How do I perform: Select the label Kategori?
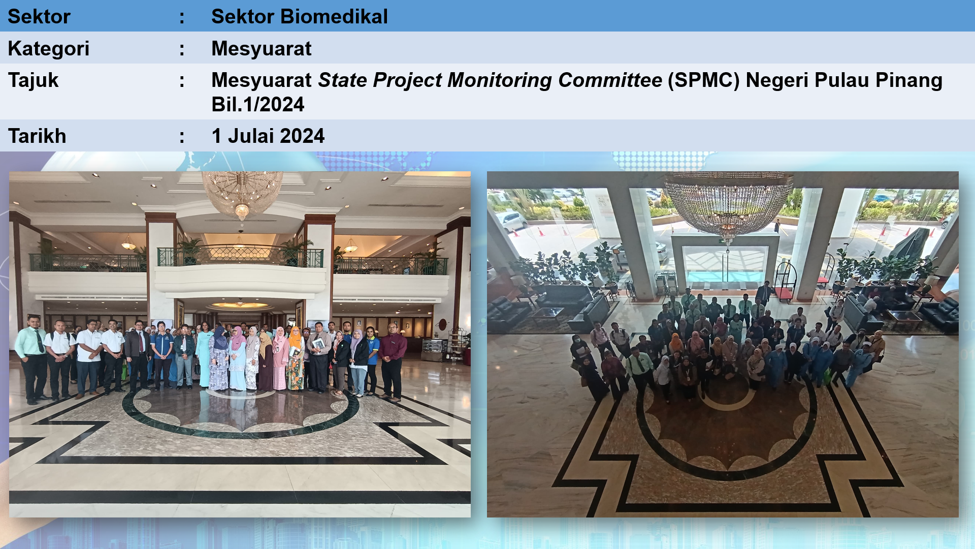pyautogui.click(x=49, y=49)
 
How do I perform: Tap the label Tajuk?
pyautogui.click(x=34, y=80)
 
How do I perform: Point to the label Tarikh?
pyautogui.click(x=37, y=136)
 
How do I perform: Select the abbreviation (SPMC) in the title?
pyautogui.click(x=703, y=80)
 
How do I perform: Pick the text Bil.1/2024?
pyautogui.click(x=258, y=105)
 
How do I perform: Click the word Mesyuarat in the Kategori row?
pyautogui.click(x=262, y=49)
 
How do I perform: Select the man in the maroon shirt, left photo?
pyautogui.click(x=392, y=361)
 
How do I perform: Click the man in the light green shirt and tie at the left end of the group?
pyautogui.click(x=32, y=359)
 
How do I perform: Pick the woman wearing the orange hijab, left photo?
pyautogui.click(x=295, y=358)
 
